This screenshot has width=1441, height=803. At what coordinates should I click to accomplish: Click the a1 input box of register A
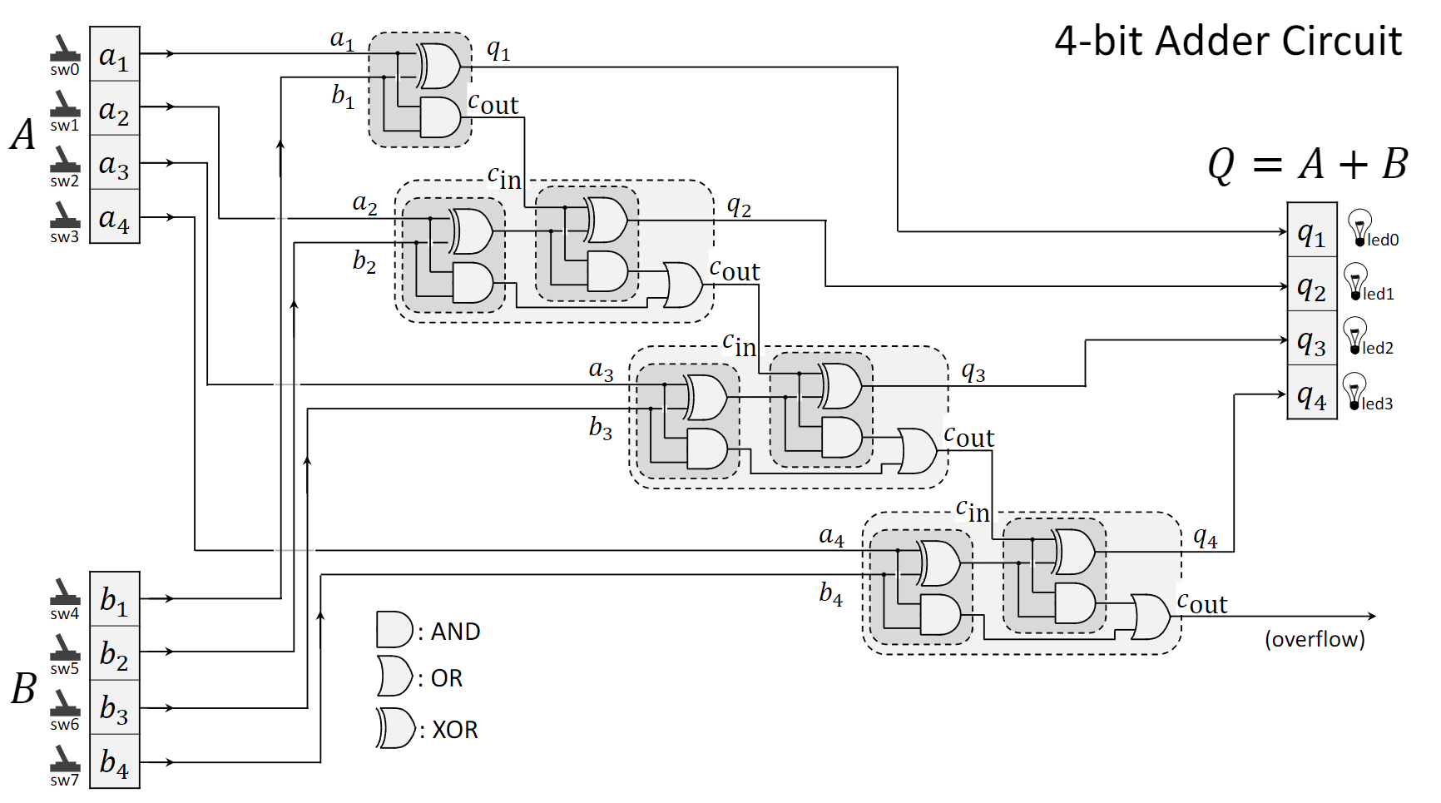(114, 55)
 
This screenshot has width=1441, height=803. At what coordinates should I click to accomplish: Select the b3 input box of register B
(114, 708)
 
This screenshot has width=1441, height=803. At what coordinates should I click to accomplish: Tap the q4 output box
(1311, 394)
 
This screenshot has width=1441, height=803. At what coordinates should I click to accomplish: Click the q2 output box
(1311, 285)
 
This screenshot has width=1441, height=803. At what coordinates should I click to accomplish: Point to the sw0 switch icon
(64, 49)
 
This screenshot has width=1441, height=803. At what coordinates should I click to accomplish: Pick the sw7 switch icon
(64, 759)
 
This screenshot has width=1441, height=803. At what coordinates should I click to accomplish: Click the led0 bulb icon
(1359, 227)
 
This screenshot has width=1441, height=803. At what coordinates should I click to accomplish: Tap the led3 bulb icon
(1354, 390)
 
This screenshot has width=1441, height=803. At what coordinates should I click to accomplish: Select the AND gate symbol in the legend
(394, 630)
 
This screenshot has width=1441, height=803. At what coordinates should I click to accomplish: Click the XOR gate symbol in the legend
(395, 728)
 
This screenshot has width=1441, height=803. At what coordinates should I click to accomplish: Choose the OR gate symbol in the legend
(394, 677)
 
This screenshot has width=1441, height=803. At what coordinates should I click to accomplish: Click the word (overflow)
(1315, 639)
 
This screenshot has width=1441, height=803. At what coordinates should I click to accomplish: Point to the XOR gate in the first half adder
(438, 66)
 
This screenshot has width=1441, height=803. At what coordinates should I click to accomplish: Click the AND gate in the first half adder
(440, 117)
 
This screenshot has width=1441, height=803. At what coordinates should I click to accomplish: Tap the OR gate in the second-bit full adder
(683, 285)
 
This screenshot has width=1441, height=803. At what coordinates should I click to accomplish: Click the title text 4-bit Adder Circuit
(1228, 41)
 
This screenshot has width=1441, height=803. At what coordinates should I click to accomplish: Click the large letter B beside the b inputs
(23, 688)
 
